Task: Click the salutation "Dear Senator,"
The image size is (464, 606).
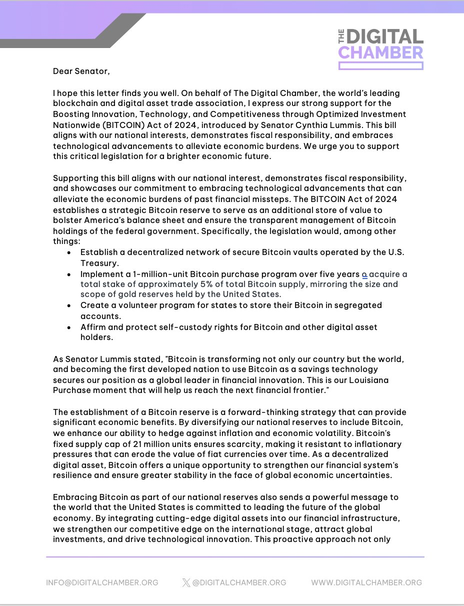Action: point(81,71)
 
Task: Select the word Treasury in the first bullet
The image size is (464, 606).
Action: point(99,262)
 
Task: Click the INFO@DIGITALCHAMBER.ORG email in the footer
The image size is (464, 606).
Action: point(102,582)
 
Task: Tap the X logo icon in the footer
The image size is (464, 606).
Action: point(186,582)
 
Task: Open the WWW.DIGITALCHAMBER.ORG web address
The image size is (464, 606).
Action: point(366,582)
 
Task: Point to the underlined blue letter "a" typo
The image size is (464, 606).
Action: point(364,274)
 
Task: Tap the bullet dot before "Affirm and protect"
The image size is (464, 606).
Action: point(69,327)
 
